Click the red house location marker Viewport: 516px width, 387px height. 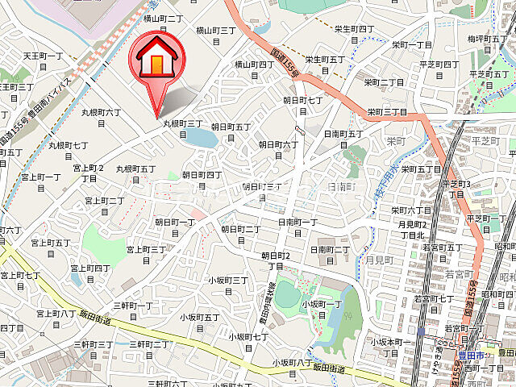click(x=157, y=60)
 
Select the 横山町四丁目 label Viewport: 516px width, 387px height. click(x=254, y=69)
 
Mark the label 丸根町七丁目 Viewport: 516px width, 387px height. click(x=69, y=151)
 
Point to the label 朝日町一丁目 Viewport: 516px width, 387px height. click(x=175, y=227)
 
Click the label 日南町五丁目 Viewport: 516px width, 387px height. click(x=343, y=139)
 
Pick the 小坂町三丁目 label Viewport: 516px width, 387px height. click(x=228, y=285)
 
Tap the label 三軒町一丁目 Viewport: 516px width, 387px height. click(x=133, y=311)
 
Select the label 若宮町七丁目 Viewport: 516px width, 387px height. click(x=433, y=304)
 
